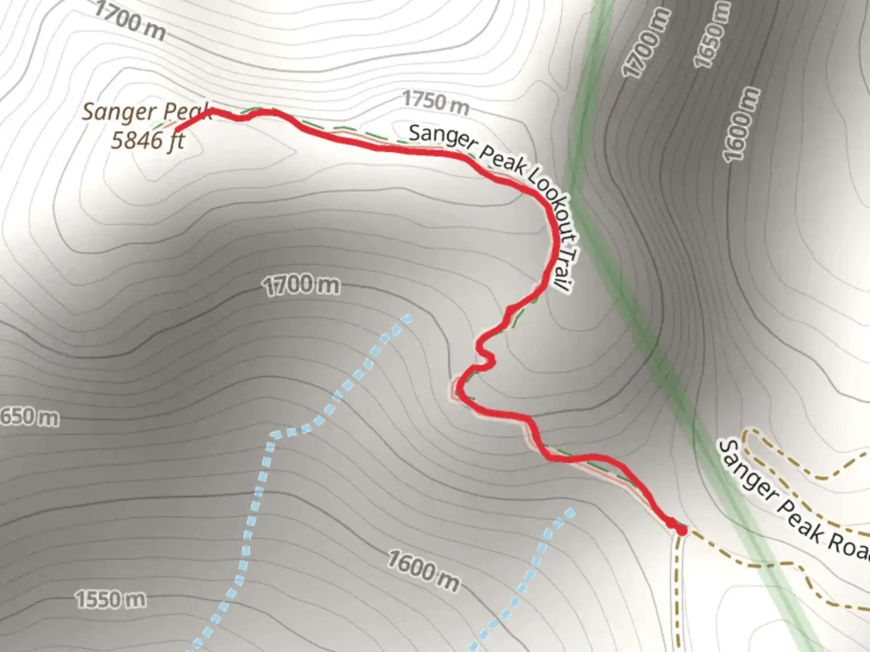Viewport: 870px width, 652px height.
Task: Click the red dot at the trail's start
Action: click(681, 531)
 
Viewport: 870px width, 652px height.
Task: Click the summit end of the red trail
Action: click(176, 129)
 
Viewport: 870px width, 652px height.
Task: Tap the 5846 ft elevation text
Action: click(147, 140)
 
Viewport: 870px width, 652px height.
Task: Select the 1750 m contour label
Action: click(436, 102)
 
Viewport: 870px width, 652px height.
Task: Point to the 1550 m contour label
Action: click(111, 599)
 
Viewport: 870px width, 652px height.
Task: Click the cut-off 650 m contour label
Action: click(29, 417)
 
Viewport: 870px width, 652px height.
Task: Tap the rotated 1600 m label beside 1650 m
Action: click(741, 124)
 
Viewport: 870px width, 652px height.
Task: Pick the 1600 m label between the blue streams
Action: click(423, 571)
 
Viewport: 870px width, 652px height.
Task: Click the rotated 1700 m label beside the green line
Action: click(648, 44)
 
